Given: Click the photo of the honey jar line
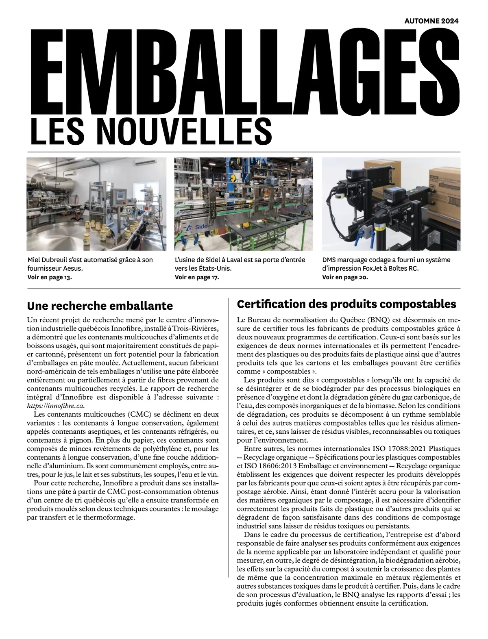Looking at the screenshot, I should point(96,204).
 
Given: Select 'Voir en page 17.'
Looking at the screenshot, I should point(197,277).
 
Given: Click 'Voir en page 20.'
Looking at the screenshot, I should point(345,277).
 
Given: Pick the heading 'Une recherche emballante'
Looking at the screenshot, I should point(100,305).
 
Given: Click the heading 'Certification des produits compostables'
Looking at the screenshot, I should point(346,304).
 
